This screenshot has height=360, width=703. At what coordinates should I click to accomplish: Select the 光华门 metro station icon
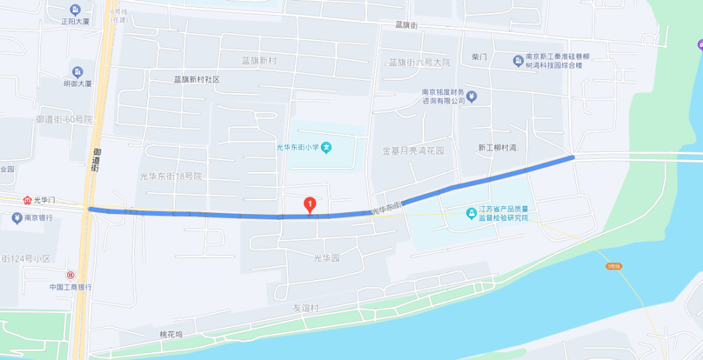click(27, 200)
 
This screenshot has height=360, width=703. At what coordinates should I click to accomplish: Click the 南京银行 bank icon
click(16, 218)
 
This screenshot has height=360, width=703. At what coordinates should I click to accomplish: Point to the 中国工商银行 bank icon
click(70, 275)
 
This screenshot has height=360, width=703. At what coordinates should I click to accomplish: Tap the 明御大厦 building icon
click(77, 72)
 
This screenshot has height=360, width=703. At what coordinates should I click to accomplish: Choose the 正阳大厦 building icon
click(75, 10)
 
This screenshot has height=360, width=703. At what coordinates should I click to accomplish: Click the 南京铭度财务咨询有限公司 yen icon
click(473, 96)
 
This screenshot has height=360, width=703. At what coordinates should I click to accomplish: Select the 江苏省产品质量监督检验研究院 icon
click(471, 213)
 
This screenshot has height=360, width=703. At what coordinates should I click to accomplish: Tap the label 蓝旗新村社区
click(197, 79)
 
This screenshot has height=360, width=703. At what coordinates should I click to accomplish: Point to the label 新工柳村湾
click(497, 148)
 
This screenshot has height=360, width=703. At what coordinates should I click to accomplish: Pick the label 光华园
click(327, 258)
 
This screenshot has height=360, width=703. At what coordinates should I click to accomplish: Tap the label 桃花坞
click(172, 334)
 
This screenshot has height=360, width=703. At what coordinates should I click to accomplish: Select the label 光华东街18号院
click(171, 176)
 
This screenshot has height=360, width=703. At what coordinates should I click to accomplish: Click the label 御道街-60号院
click(64, 119)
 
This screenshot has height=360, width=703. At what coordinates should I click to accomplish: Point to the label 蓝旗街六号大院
click(419, 62)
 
